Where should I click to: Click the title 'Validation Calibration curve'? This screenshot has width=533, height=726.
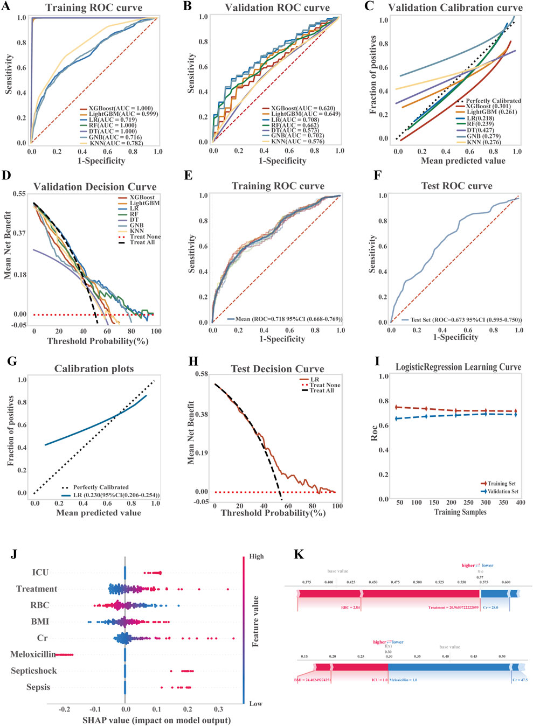click(455, 8)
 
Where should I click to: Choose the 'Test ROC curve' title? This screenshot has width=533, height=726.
click(456, 186)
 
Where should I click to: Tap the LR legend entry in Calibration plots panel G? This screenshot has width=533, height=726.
click(116, 495)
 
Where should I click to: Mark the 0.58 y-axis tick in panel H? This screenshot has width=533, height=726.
click(201, 374)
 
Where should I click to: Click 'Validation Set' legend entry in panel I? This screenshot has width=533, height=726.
click(502, 491)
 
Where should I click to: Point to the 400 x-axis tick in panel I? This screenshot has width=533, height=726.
click(520, 502)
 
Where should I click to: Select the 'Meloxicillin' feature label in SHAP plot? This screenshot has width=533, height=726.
click(33, 654)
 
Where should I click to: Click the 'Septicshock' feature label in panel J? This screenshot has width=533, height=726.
click(33, 671)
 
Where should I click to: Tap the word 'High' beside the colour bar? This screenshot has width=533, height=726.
click(257, 556)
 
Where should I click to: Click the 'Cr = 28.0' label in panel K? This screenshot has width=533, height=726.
click(490, 608)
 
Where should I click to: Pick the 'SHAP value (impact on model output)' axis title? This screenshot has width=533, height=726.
click(156, 720)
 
